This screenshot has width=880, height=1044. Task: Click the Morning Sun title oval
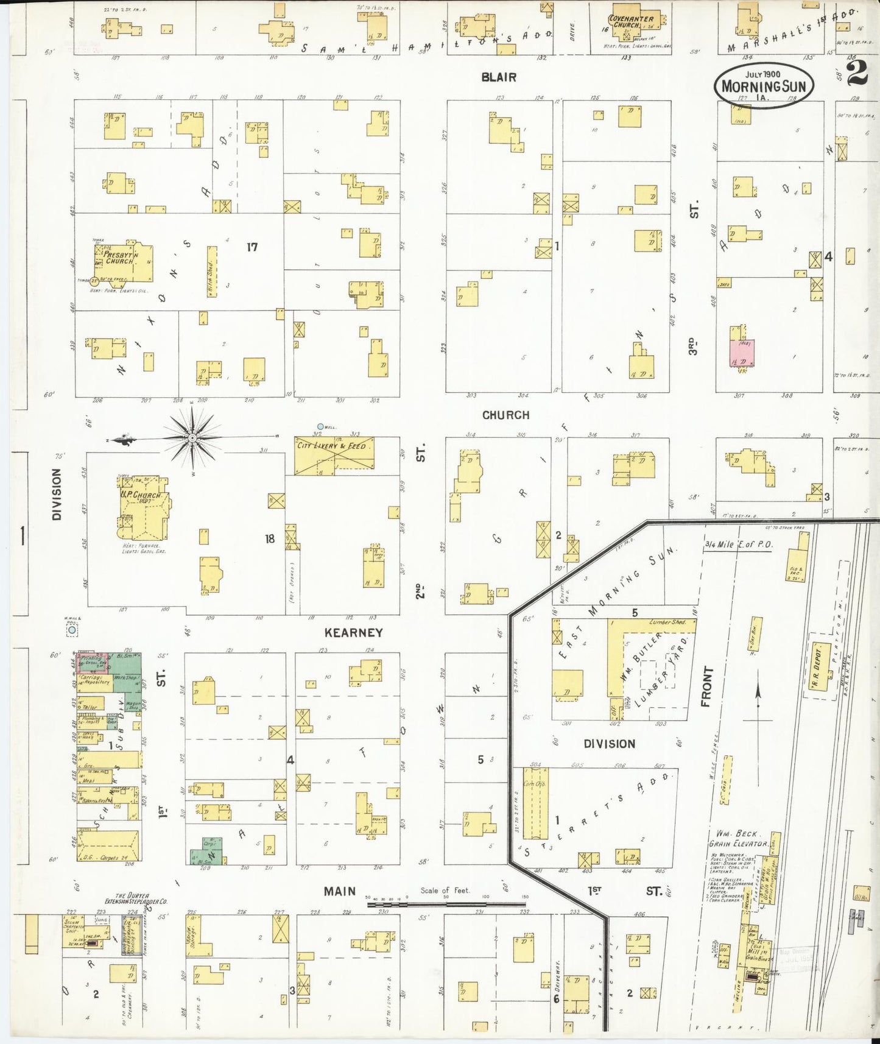(x=764, y=85)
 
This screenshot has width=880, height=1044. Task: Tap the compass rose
(x=192, y=437)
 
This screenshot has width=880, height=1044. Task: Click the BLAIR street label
(x=499, y=77)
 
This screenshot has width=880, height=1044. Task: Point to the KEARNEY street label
(x=353, y=633)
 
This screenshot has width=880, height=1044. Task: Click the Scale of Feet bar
(x=446, y=904)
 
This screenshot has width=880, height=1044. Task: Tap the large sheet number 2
(x=857, y=74)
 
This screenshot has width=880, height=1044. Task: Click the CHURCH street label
(x=505, y=415)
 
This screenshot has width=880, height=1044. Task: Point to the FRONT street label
(x=706, y=687)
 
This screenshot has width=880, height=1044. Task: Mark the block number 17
(x=252, y=247)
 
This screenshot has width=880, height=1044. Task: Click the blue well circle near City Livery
(x=320, y=427)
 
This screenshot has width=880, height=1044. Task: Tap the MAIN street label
(x=339, y=892)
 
